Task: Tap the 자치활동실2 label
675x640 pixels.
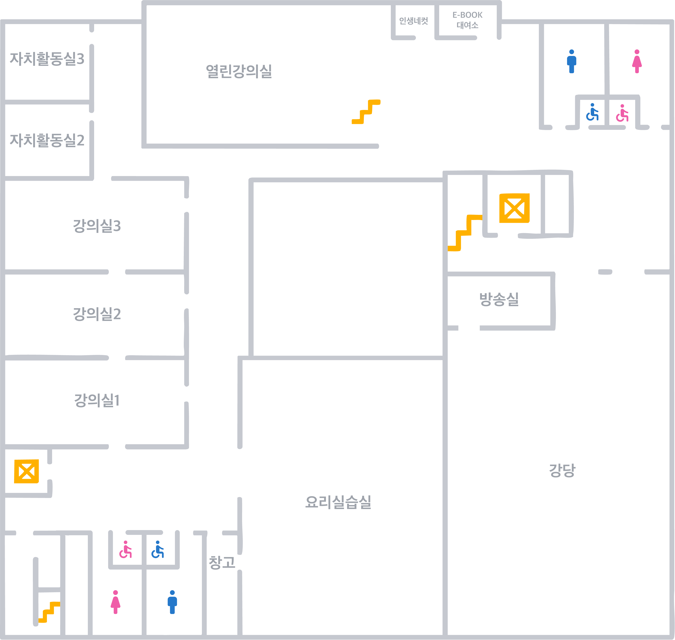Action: tap(47, 140)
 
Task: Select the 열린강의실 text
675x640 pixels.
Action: tap(239, 71)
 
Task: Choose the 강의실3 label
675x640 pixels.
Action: tap(97, 226)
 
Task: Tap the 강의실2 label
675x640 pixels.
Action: tap(97, 314)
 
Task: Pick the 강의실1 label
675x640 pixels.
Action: tap(97, 400)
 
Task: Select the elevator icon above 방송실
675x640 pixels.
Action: tap(514, 208)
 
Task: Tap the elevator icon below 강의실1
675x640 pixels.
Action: tap(26, 471)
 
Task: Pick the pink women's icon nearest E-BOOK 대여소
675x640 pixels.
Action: tap(637, 61)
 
